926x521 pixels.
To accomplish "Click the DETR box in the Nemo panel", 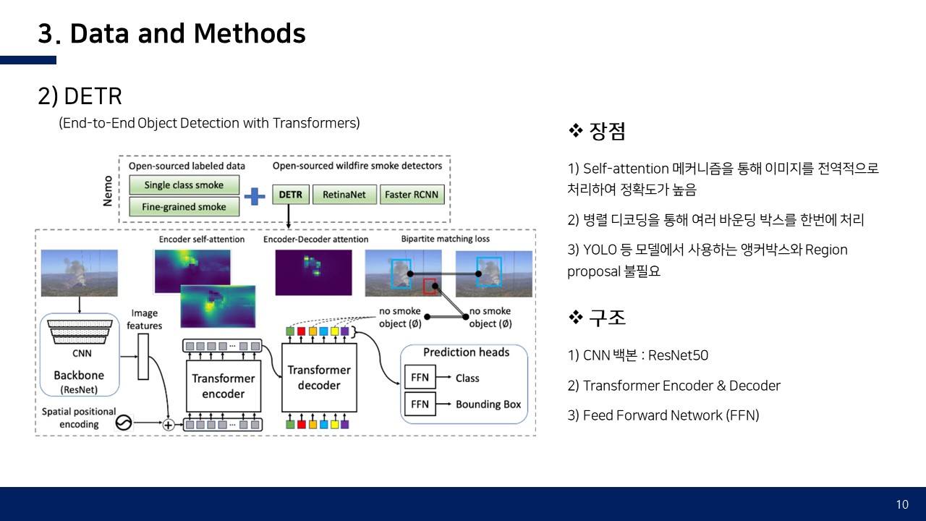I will tap(292, 195).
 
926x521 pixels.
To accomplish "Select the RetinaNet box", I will tap(344, 195).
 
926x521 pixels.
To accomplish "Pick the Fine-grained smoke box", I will tap(184, 207).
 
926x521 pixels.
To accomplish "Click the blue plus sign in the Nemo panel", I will tap(255, 196).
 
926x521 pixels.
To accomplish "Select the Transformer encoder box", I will tap(223, 386).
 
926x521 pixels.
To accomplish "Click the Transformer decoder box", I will tap(318, 377).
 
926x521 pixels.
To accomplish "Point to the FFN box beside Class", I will tap(420, 378).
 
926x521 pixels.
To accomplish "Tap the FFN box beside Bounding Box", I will tap(420, 404).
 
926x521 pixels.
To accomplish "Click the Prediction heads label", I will tap(466, 352).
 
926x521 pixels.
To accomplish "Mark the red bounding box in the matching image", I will tap(430, 286).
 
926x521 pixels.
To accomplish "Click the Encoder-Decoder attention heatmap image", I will tap(313, 272).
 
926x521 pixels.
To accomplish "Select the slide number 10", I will tap(902, 504).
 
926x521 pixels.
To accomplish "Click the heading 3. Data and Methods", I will tap(171, 34).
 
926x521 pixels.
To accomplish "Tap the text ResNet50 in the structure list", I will tap(678, 355).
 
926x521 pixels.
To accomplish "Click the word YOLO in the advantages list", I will tap(600, 250).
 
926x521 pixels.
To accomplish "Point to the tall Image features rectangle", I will tap(143, 356).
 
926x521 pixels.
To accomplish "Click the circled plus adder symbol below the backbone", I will tap(169, 425).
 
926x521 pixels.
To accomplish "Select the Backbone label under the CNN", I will tap(79, 376).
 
